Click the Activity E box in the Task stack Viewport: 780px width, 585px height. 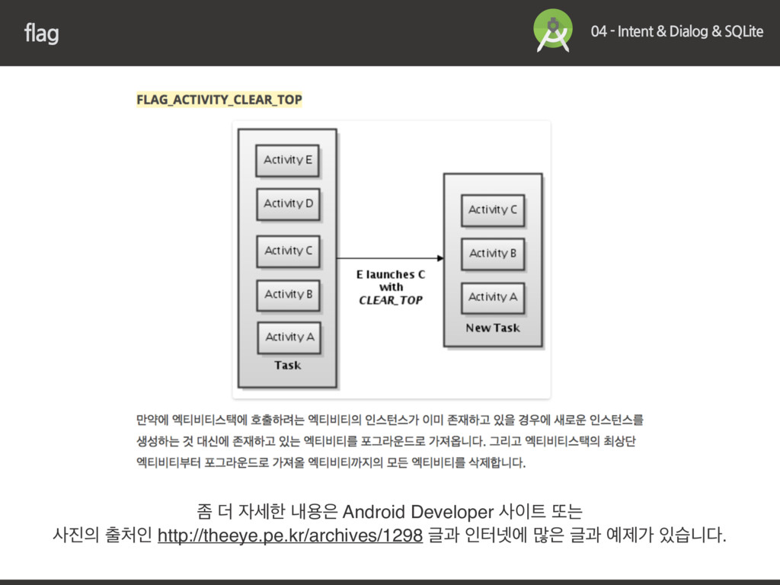[287, 161]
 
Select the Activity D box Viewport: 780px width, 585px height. [288, 204]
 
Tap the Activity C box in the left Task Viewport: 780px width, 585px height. [288, 251]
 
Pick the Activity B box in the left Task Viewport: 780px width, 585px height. [288, 294]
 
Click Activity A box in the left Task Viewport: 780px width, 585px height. [289, 337]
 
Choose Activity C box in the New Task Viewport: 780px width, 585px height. [492, 209]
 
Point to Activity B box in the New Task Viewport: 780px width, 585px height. [492, 253]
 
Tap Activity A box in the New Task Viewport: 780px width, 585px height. [492, 297]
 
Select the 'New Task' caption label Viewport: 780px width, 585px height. [493, 328]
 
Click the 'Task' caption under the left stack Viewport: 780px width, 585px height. [287, 366]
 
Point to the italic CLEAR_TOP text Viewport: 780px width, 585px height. [390, 300]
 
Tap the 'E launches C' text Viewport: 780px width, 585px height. [390, 274]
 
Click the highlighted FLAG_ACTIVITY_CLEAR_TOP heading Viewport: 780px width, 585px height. [219, 100]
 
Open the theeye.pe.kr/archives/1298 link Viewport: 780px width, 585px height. [289, 536]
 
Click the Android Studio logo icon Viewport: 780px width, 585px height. [553, 30]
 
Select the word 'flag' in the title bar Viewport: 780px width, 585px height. [41, 34]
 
